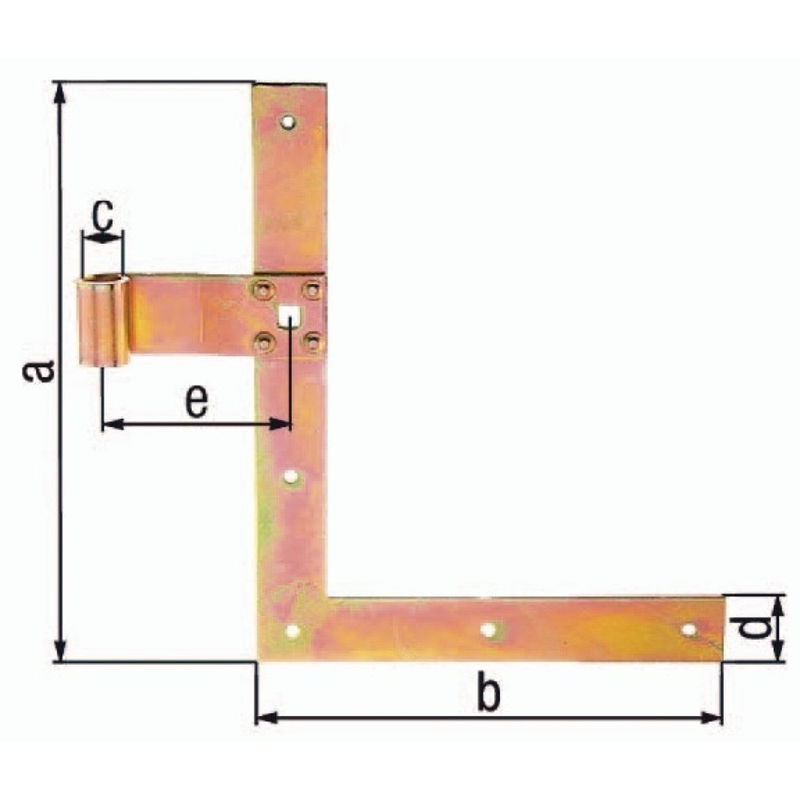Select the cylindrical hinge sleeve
pyautogui.click(x=102, y=320)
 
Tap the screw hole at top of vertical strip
pyautogui.click(x=288, y=122)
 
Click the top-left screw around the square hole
pyautogui.click(x=263, y=290)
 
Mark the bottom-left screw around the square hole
pyautogui.click(x=263, y=343)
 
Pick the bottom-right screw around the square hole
pyautogui.click(x=312, y=343)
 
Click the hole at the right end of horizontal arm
pyautogui.click(x=688, y=630)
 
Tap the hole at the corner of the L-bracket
pyautogui.click(x=292, y=631)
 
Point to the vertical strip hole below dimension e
pyautogui.click(x=291, y=478)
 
